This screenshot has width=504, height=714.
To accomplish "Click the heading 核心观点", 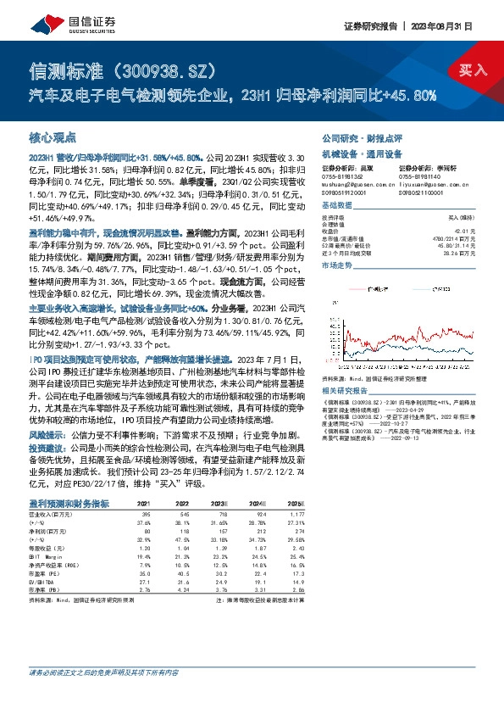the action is [x=53, y=136].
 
